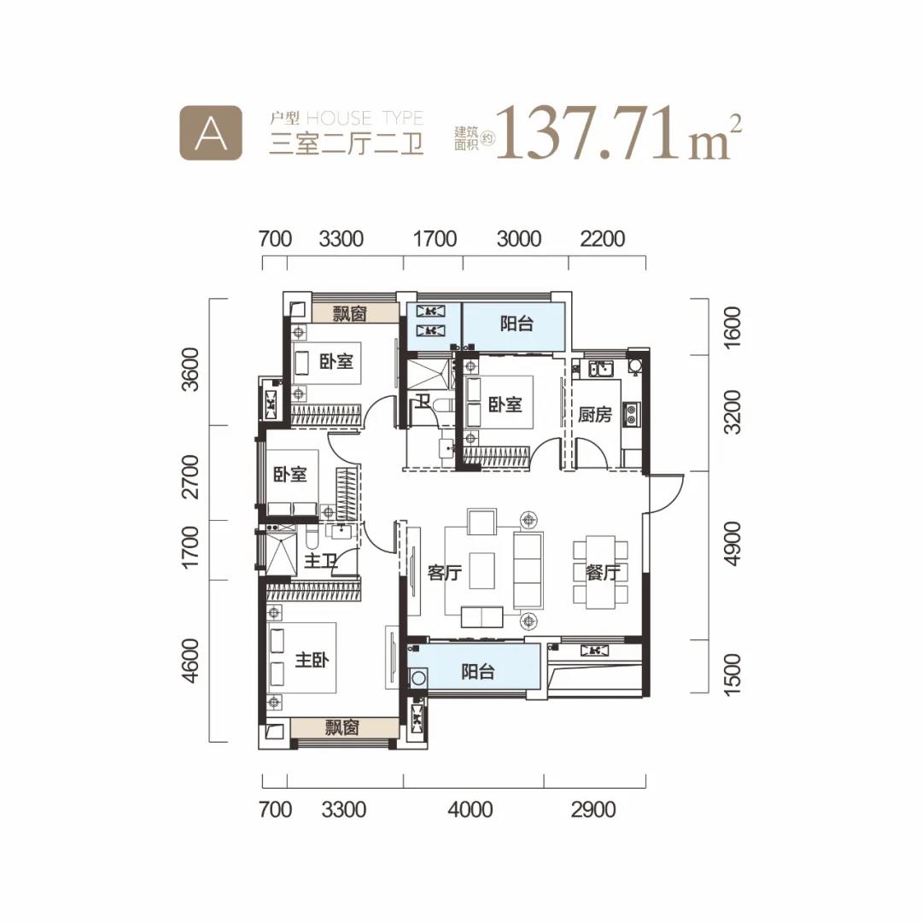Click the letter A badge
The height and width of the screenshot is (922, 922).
(x=211, y=133)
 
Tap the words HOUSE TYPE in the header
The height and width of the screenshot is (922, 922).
(x=365, y=118)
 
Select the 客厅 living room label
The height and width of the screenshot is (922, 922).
(x=445, y=572)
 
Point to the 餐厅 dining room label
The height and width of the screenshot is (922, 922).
(x=603, y=572)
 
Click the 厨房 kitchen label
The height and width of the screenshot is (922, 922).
(x=594, y=415)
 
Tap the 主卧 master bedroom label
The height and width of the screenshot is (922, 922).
(x=312, y=660)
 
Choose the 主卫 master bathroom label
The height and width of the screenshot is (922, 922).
(x=320, y=560)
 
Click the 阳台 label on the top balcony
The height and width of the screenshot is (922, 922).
(x=516, y=324)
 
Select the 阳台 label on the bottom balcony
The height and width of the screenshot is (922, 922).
(x=477, y=671)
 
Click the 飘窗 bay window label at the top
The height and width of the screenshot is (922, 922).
(x=350, y=313)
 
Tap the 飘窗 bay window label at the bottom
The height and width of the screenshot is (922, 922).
(x=341, y=728)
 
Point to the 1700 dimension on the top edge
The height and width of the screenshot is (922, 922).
(x=435, y=239)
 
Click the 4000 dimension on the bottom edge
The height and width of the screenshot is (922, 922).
(x=470, y=809)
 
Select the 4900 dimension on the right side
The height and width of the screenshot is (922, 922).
(x=732, y=544)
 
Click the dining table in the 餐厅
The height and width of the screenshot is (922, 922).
(x=601, y=572)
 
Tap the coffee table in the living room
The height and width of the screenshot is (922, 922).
(x=481, y=570)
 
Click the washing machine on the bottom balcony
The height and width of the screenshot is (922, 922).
(x=418, y=678)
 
